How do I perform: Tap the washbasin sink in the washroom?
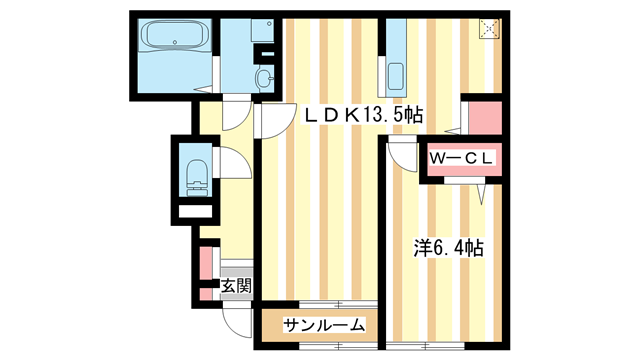[264, 78]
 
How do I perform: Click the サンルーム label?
[322, 325]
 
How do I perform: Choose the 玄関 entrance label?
[236, 287]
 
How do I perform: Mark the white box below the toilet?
[194, 212]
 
